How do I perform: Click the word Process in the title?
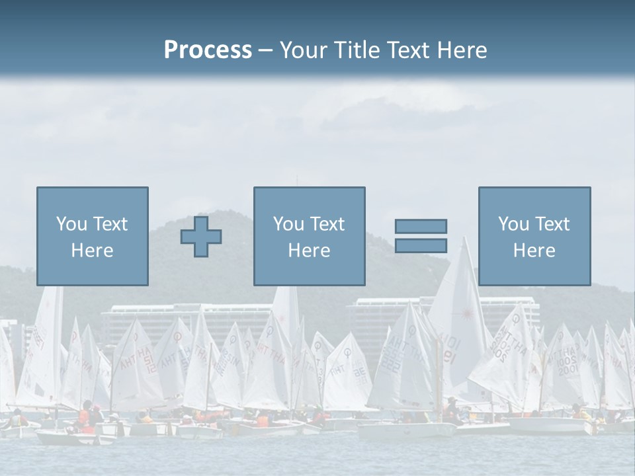pyautogui.click(x=208, y=50)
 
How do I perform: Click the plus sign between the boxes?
pyautogui.click(x=201, y=237)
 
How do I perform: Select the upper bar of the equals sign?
pyautogui.click(x=421, y=226)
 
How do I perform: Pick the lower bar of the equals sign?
pyautogui.click(x=421, y=245)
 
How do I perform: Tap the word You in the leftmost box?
pyautogui.click(x=71, y=224)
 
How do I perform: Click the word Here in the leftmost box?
pyautogui.click(x=92, y=251)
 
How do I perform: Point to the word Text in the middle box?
pyautogui.click(x=327, y=224)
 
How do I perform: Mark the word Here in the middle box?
pyautogui.click(x=309, y=251)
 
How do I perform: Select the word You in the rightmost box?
pyautogui.click(x=513, y=224)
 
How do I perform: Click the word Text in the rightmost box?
pyautogui.click(x=552, y=224)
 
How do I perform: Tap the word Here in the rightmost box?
pyautogui.click(x=534, y=251)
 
